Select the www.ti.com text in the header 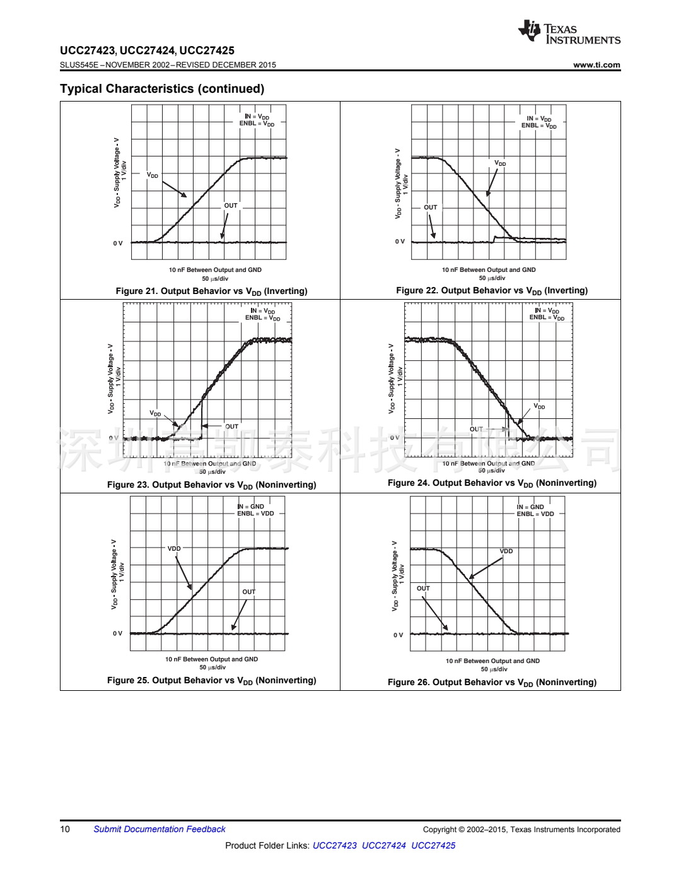click(597, 65)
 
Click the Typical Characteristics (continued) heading click(162, 89)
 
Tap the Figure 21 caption click(211, 291)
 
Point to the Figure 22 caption click(491, 291)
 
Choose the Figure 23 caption click(211, 485)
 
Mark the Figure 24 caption click(491, 483)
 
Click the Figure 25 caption click(211, 681)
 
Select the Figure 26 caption click(491, 683)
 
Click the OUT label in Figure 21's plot click(231, 206)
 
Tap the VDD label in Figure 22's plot click(500, 163)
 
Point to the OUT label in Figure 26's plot click(423, 589)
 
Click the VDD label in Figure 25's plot click(174, 549)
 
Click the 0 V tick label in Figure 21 click(118, 244)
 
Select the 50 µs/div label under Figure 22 click(492, 278)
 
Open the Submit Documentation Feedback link click(160, 830)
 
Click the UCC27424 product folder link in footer click(383, 846)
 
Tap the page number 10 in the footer click(65, 830)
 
